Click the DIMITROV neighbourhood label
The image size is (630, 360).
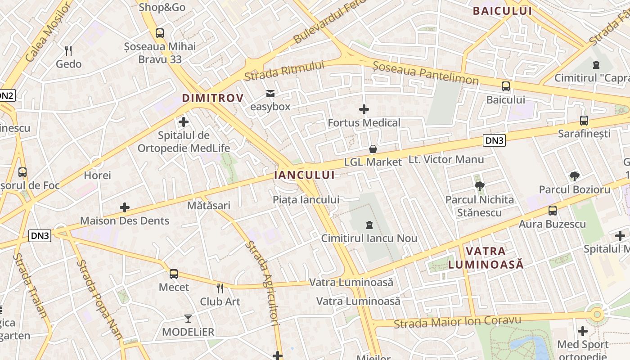pos(212,98)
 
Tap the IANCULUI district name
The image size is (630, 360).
pos(305,175)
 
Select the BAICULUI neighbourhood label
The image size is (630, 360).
pos(502,11)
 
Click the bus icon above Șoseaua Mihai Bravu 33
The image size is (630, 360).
pos(160,33)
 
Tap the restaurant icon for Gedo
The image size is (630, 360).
pos(68,50)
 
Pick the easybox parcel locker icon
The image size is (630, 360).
pos(270,94)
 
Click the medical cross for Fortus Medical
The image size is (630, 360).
pos(364,109)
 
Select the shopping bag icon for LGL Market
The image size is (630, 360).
pos(373,149)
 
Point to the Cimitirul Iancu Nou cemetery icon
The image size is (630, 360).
pos(369,225)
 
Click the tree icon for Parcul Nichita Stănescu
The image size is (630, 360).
pos(480,185)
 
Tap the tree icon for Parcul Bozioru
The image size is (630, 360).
pos(574,176)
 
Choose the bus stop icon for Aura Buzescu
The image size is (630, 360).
pos(553,210)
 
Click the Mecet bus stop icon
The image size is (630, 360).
pos(174,274)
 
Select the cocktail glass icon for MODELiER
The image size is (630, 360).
pos(188,319)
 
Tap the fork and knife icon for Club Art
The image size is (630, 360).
pos(220,288)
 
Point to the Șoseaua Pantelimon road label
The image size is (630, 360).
pos(425,73)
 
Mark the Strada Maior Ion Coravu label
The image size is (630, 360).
pos(457,322)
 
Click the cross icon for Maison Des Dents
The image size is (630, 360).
pos(125,207)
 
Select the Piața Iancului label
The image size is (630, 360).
pos(306,199)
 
